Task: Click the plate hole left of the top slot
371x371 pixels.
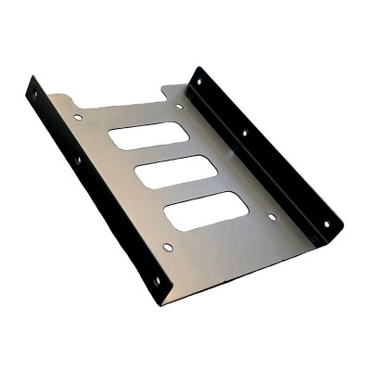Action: (76, 119)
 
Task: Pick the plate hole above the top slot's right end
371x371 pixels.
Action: (180, 106)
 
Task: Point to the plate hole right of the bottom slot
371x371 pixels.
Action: (272, 217)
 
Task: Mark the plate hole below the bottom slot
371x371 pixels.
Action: (168, 247)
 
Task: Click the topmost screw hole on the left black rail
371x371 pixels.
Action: (34, 94)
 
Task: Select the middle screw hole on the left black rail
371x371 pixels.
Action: (78, 160)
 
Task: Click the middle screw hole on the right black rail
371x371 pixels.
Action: (245, 134)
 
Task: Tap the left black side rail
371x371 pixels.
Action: (93, 185)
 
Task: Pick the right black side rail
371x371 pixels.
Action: (269, 158)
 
